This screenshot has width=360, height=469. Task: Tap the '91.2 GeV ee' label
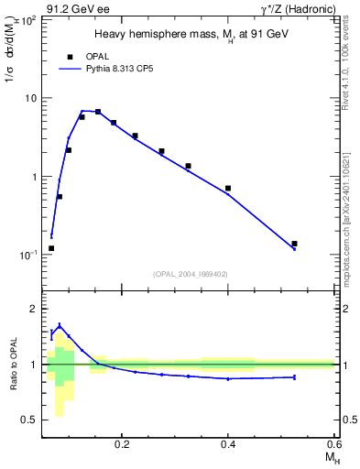pos(71,8)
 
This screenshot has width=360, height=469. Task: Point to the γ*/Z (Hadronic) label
pos(301,8)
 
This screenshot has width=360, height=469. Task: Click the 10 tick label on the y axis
pos(30,98)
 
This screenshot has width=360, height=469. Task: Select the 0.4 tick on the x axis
pos(228,443)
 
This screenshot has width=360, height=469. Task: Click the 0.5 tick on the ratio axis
pos(29,420)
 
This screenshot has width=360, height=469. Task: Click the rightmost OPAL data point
pos(294,244)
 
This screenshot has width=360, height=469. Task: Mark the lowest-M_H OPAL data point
pos(51,248)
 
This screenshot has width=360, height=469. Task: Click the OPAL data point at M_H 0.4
pos(228,188)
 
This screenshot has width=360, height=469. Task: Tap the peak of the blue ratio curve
pos(60,325)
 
